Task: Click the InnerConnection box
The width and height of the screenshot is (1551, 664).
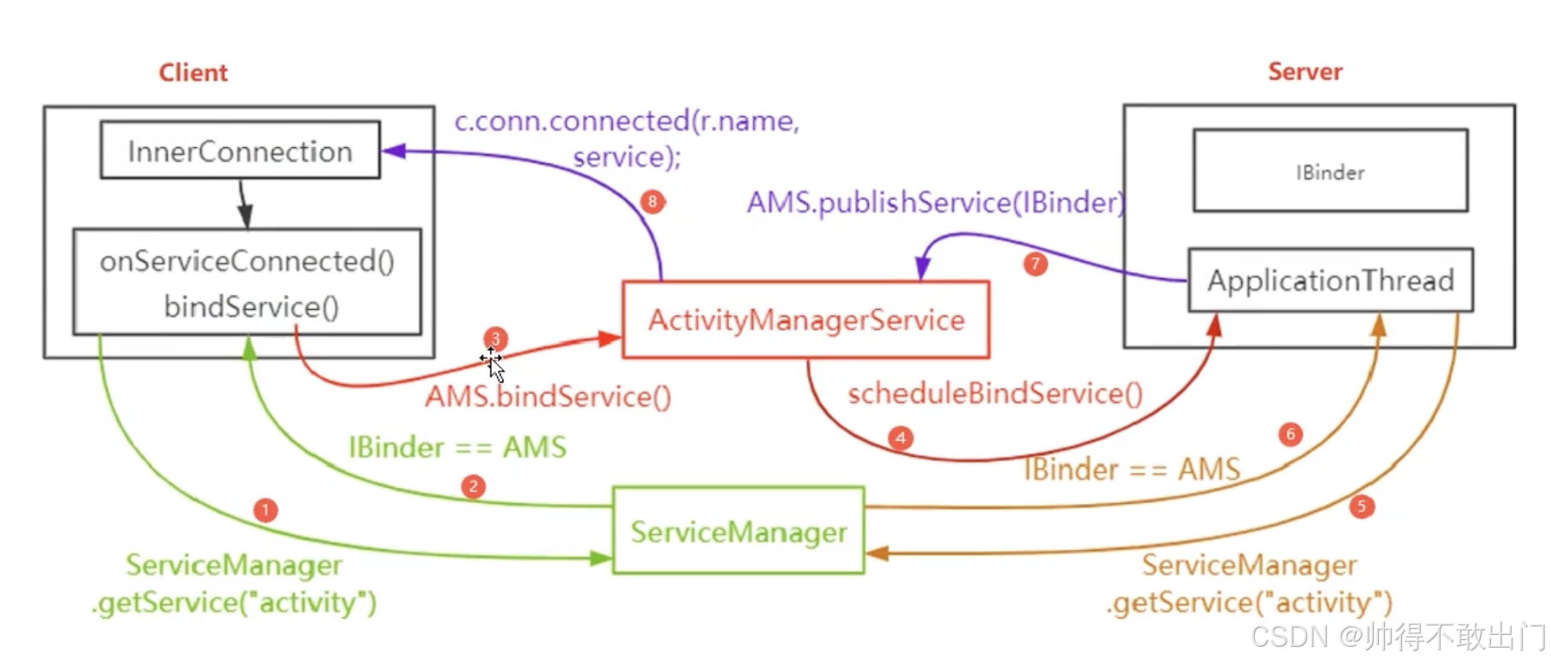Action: (240, 151)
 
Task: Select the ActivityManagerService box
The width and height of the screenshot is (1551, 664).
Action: (805, 320)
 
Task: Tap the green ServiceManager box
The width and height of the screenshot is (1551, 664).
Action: (738, 531)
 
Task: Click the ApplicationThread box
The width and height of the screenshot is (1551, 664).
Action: (1330, 281)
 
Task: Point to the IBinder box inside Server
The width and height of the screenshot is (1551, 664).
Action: (1330, 171)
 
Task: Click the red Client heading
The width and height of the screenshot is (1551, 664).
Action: (193, 73)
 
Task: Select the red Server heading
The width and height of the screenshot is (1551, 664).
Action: (1304, 72)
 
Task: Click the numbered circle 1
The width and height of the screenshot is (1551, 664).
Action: (265, 510)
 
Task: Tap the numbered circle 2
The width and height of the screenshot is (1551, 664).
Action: (473, 487)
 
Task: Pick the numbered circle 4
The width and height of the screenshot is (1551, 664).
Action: (900, 438)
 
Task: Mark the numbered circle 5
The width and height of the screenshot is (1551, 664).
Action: (1361, 507)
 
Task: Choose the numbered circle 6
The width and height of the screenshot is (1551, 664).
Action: (1290, 435)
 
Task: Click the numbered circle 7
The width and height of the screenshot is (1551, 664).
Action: (1036, 264)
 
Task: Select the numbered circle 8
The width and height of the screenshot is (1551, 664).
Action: (652, 202)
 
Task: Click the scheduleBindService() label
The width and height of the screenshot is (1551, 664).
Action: (995, 394)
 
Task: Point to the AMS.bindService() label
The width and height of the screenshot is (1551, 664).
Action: (548, 397)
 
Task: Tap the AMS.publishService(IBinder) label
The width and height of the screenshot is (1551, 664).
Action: (935, 203)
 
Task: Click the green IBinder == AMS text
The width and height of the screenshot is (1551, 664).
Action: (457, 448)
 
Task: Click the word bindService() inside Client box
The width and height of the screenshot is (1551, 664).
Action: (251, 306)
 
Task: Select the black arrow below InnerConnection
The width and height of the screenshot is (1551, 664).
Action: (244, 204)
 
